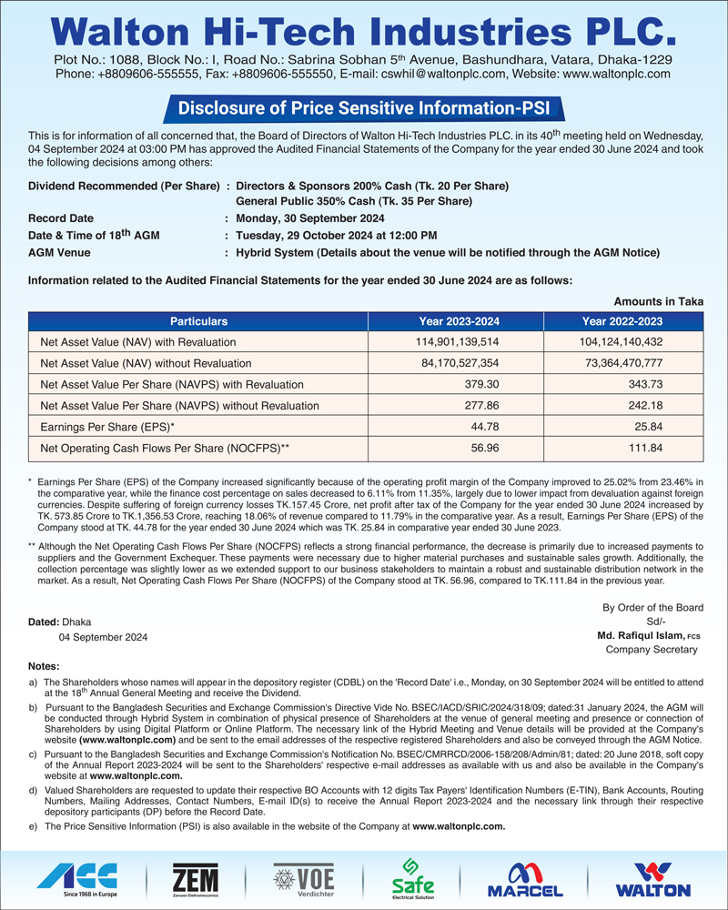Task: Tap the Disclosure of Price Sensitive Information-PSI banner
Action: pyautogui.click(x=363, y=108)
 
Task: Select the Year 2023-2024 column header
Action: pyautogui.click(x=459, y=321)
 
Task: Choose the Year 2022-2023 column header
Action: pyautogui.click(x=622, y=321)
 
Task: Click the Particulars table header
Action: pyautogui.click(x=198, y=321)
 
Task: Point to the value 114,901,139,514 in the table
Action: pyautogui.click(x=459, y=342)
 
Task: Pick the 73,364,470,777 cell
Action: pyautogui.click(x=622, y=363)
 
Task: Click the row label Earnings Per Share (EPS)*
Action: pyautogui.click(x=107, y=426)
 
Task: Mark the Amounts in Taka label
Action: pyautogui.click(x=659, y=301)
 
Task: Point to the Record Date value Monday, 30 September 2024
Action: pyautogui.click(x=309, y=218)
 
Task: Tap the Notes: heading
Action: pyautogui.click(x=44, y=666)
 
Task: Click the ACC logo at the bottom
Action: pyautogui.click(x=77, y=877)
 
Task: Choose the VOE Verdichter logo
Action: pyautogui.click(x=304, y=877)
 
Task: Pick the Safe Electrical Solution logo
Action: pyautogui.click(x=411, y=877)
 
